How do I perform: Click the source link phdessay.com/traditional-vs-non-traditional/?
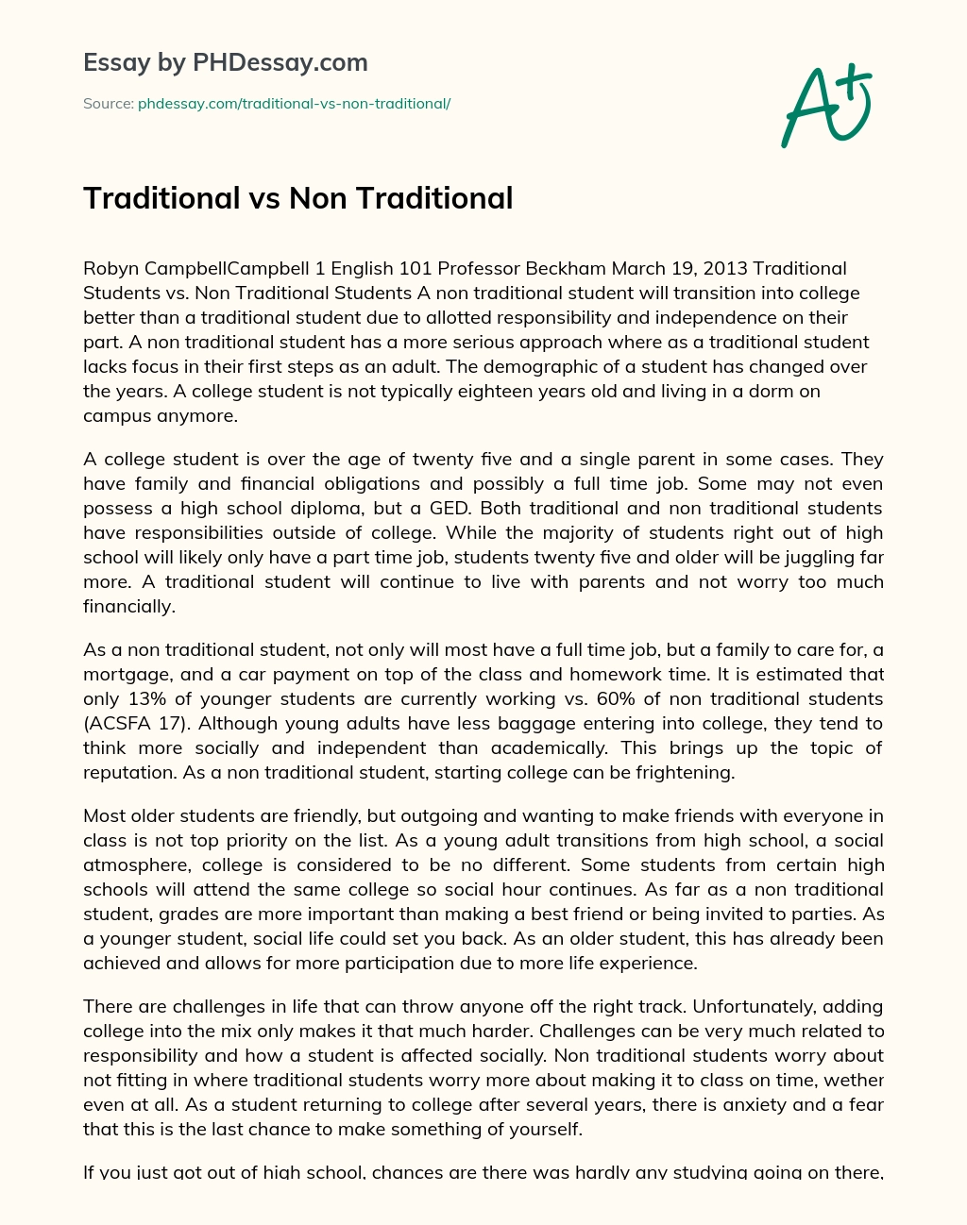[294, 104]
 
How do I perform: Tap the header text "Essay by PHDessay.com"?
[225, 63]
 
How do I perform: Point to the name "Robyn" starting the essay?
[110, 269]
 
